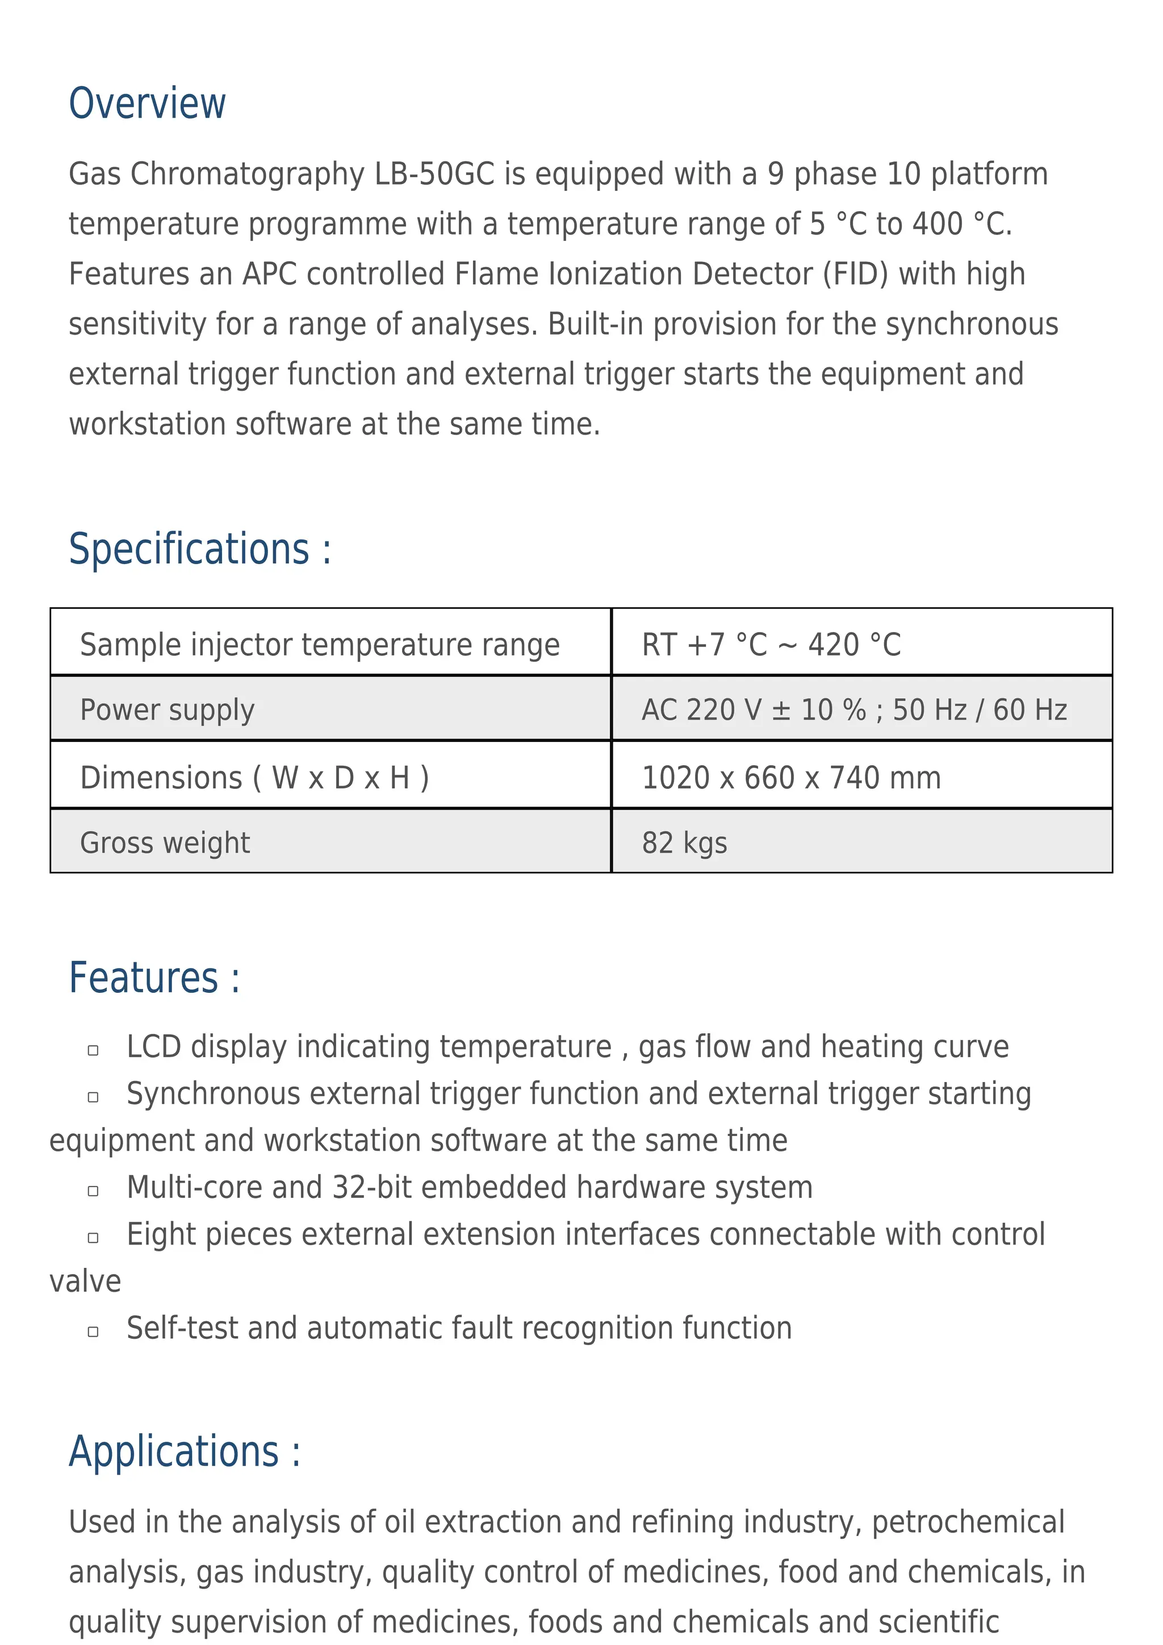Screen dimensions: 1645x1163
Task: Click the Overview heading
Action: pyautogui.click(x=147, y=103)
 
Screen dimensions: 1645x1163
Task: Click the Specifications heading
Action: pyautogui.click(x=200, y=549)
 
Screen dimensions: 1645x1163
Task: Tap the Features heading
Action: pyautogui.click(x=154, y=978)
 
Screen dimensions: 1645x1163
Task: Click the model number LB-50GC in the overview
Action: pyautogui.click(x=434, y=174)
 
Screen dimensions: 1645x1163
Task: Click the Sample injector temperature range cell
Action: pyautogui.click(x=319, y=644)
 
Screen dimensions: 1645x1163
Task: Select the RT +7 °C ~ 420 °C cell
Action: pyautogui.click(x=771, y=644)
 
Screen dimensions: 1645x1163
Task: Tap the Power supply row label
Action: pyautogui.click(x=167, y=710)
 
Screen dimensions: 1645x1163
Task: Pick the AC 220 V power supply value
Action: pyautogui.click(x=854, y=710)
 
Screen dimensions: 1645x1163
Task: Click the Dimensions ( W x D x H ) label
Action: pyautogui.click(x=254, y=778)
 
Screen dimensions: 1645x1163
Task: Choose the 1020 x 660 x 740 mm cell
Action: pyautogui.click(x=790, y=778)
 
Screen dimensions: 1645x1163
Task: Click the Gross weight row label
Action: pyautogui.click(x=165, y=842)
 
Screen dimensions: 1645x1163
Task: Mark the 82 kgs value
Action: pyautogui.click(x=684, y=842)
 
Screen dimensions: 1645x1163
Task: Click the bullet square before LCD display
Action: pyautogui.click(x=93, y=1050)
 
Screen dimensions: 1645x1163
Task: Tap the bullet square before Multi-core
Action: pyautogui.click(x=93, y=1191)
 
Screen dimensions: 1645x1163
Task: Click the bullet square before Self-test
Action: pyautogui.click(x=93, y=1331)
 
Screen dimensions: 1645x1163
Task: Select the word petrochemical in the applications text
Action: pyautogui.click(x=968, y=1522)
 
